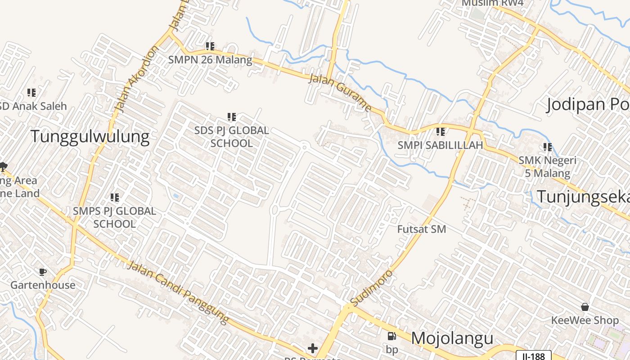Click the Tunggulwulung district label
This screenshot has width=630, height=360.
coord(90,136)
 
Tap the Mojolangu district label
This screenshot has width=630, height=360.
coord(452,338)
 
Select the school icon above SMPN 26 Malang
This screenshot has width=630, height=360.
coord(210,46)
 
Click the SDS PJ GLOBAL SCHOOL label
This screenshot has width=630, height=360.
coord(232,137)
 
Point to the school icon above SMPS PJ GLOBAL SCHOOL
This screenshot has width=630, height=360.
coord(115,197)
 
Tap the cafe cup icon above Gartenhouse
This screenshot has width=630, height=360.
coord(42,272)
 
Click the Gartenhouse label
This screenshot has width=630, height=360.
coord(43,285)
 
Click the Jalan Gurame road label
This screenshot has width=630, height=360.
coord(341,93)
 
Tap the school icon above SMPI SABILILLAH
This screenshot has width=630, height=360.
coord(441,132)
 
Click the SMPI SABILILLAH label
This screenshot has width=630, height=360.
coord(440,145)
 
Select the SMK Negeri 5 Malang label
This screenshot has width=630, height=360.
coord(547,166)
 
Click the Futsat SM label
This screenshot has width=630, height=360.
coord(422,229)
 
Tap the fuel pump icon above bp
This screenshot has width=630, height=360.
coord(392,336)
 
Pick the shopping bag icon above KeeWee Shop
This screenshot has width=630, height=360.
coord(585,307)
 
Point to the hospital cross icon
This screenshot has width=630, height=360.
coord(313,348)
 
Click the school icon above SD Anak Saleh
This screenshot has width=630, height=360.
coord(31,93)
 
